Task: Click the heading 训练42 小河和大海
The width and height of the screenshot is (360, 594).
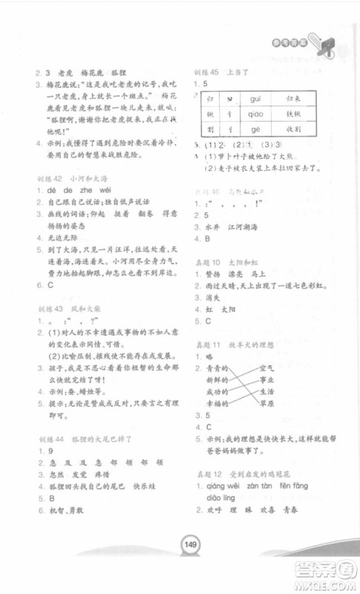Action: click(x=69, y=179)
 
